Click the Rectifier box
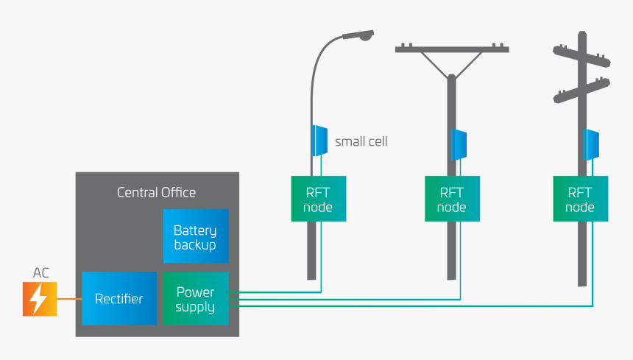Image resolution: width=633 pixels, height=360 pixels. point(119,298)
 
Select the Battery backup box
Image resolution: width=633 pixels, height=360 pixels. point(195,236)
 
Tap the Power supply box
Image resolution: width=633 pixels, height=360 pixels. point(195,298)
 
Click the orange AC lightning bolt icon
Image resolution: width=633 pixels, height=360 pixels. point(40,299)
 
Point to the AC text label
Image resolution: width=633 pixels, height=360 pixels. point(41,273)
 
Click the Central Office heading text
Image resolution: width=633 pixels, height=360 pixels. point(157,192)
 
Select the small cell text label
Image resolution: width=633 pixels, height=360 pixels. point(361,141)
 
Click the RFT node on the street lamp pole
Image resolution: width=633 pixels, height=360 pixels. point(318,199)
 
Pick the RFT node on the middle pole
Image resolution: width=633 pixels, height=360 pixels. point(451,199)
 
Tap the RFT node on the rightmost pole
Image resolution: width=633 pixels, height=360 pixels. point(580,199)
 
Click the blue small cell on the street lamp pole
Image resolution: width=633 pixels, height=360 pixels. point(319,140)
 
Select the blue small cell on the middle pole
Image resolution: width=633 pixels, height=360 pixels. point(459,144)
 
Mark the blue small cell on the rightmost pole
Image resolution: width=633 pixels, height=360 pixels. point(590,144)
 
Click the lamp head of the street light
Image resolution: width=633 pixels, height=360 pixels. point(358,35)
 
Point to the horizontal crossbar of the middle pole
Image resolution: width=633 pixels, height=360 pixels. point(451,49)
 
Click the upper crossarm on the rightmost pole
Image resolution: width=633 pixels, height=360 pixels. point(581,50)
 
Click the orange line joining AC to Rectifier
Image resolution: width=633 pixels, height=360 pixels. point(69,299)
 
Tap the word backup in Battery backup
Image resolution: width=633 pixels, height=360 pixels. point(195,244)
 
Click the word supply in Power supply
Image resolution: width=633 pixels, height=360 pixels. point(195,307)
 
